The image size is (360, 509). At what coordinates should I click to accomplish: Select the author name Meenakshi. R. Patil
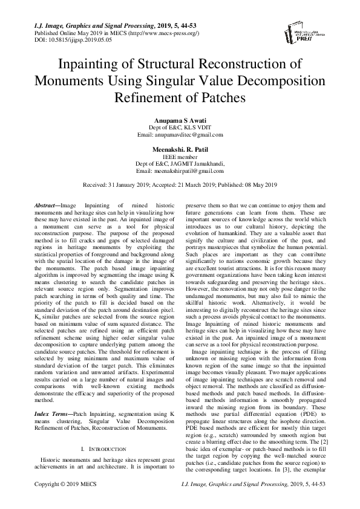click(x=180, y=148)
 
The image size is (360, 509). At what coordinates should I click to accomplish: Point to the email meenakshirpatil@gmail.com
click(x=180, y=170)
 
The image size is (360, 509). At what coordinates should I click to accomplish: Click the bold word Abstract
click(x=47, y=206)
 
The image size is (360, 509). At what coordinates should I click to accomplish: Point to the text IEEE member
click(x=180, y=156)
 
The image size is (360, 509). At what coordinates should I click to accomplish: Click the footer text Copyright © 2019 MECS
click(x=65, y=502)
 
